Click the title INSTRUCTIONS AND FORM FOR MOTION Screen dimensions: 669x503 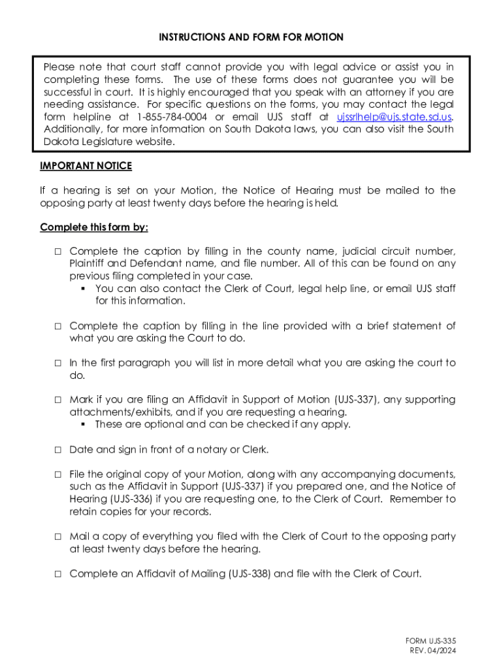coord(251,37)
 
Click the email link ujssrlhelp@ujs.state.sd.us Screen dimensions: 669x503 coord(394,117)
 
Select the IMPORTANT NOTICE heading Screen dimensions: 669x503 coord(86,166)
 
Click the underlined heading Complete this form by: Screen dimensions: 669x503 coord(93,227)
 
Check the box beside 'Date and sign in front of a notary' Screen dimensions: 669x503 coord(57,449)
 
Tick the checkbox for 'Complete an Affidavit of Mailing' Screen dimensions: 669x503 coord(57,574)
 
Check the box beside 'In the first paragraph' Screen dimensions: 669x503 coord(57,363)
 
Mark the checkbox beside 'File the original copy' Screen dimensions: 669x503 coord(57,474)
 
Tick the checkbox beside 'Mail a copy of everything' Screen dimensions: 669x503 coord(57,536)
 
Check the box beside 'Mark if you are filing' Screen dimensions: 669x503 coord(57,400)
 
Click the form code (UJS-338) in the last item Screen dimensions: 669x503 coord(250,574)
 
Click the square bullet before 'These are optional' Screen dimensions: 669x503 coord(84,425)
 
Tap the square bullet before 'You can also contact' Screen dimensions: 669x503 coord(84,289)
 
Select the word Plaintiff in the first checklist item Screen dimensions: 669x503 coord(88,263)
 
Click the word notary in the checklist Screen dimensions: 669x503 coord(216,449)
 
